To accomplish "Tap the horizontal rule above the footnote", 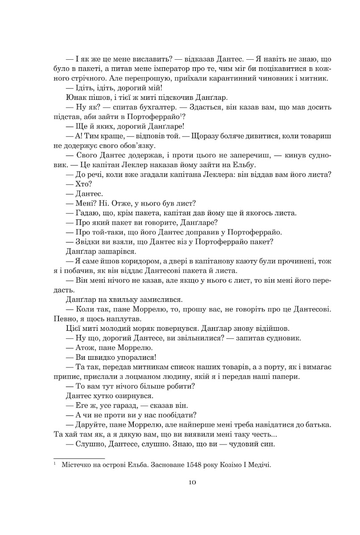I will click(x=79, y=458).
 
